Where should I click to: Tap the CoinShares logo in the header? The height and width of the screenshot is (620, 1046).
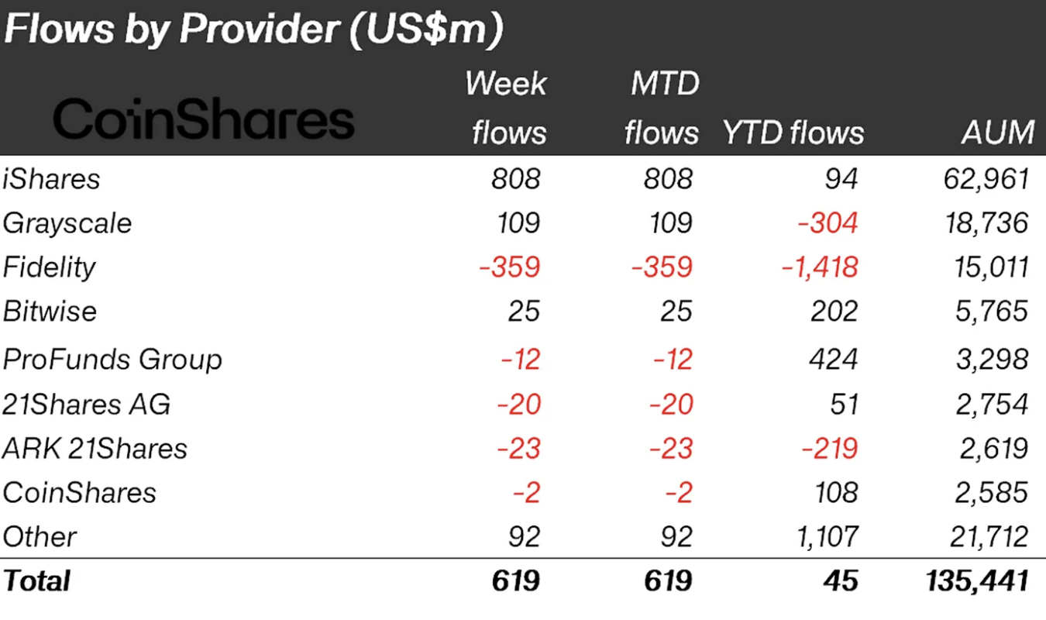[204, 121]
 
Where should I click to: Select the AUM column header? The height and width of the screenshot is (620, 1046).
[998, 133]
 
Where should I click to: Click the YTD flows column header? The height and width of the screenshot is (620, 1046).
[793, 133]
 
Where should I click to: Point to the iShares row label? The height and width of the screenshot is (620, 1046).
[52, 179]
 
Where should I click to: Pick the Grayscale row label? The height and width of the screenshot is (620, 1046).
[67, 223]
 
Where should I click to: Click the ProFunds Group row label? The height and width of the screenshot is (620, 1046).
[112, 360]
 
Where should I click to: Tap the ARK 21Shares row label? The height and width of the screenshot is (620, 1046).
[95, 449]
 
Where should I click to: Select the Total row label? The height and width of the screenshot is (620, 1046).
[36, 580]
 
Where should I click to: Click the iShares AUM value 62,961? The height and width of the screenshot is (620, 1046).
[983, 179]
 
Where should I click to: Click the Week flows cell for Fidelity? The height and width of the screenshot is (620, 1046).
[508, 267]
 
